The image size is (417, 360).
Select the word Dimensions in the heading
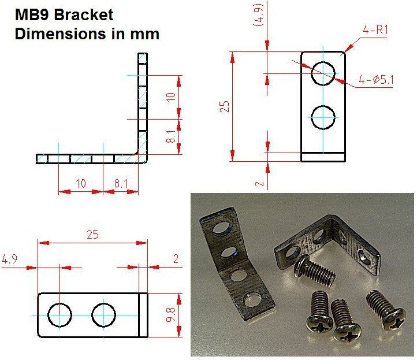60,34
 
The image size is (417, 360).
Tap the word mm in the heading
144,34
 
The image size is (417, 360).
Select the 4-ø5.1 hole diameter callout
375,80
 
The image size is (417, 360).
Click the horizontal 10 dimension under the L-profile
80,183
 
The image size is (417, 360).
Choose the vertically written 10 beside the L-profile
170,97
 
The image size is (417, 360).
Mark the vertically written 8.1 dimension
170,137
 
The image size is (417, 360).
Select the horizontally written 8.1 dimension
121,183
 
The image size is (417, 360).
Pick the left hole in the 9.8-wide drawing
60,315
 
